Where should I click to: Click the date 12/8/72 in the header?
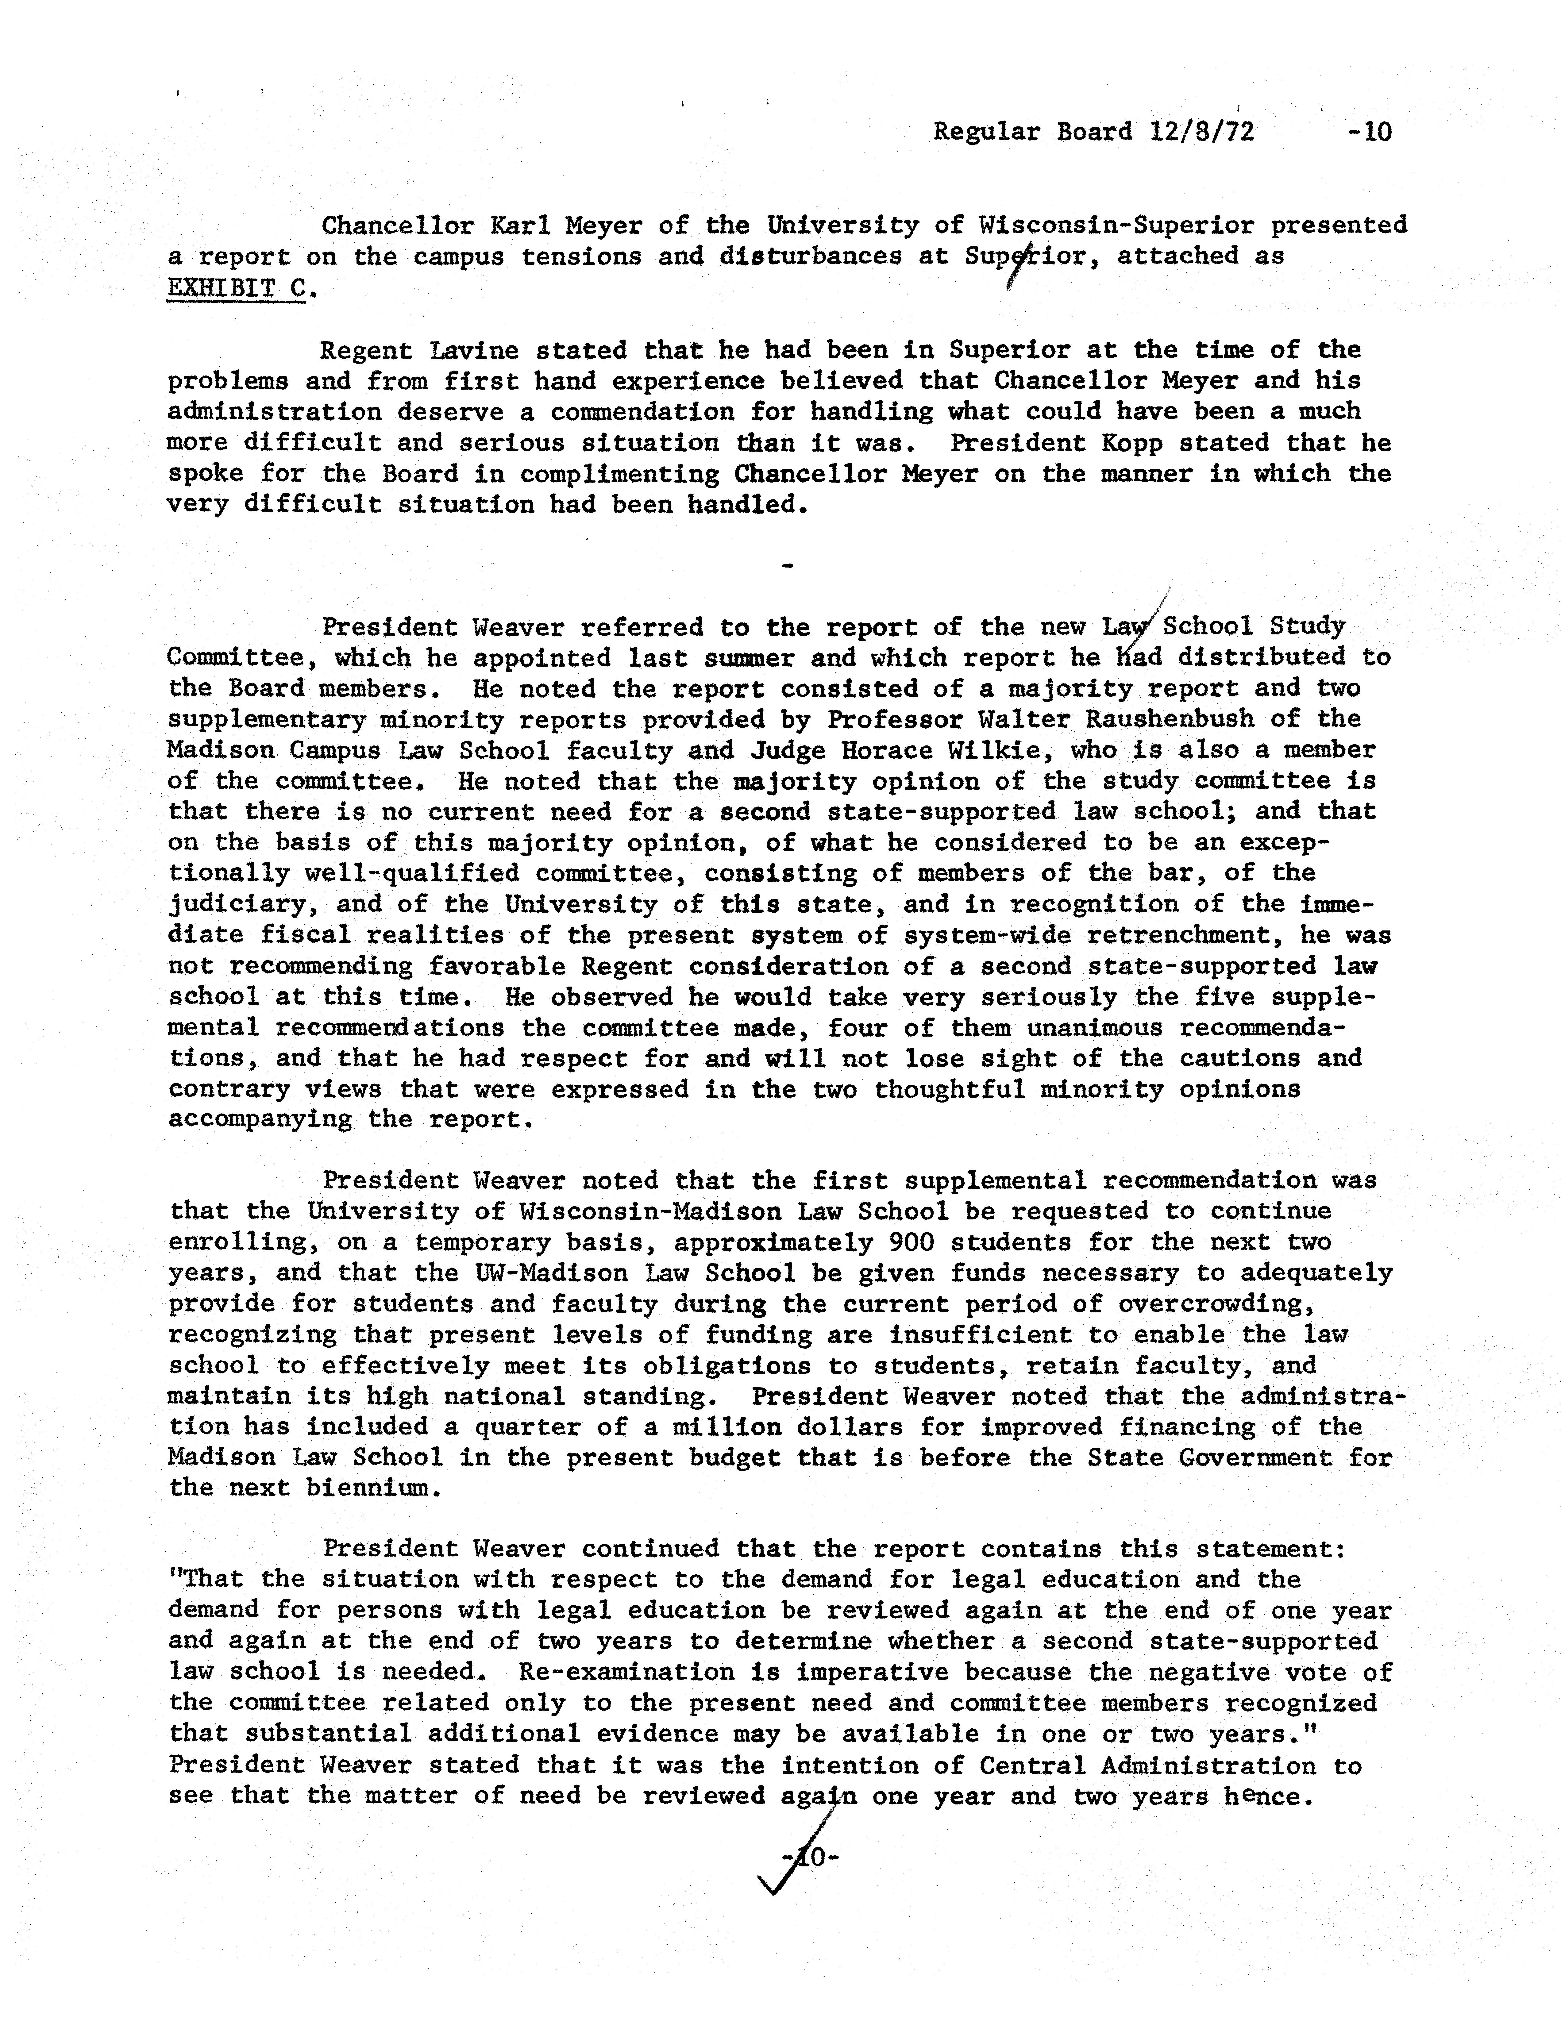1201,132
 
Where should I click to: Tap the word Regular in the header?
987,132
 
